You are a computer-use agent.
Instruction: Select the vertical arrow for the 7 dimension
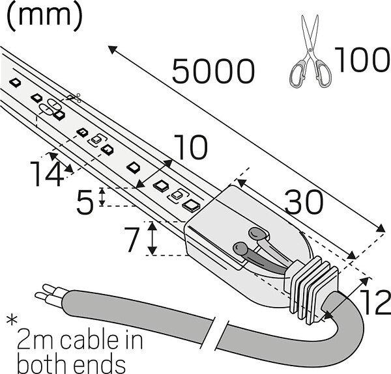coord(152,238)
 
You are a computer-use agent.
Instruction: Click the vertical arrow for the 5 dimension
coord(102,197)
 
